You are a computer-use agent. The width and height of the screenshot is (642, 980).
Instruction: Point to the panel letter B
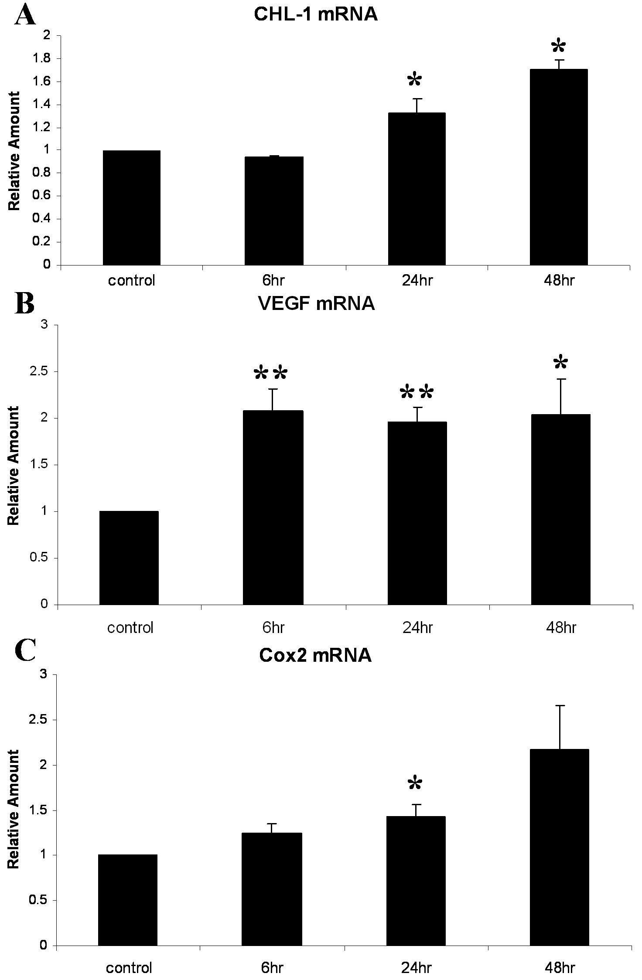[24, 303]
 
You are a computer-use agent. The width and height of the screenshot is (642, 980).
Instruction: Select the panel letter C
[25, 651]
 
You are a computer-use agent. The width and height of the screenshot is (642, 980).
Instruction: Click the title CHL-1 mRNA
[315, 14]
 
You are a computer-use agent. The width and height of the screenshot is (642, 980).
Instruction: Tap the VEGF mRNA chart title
[316, 303]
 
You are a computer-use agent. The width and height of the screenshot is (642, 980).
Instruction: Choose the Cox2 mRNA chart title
[315, 655]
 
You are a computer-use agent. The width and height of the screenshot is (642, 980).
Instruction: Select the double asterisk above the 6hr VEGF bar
[271, 373]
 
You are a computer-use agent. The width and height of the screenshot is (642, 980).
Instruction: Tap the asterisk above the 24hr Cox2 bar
[415, 783]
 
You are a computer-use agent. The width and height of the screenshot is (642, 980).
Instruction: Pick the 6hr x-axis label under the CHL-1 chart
[273, 280]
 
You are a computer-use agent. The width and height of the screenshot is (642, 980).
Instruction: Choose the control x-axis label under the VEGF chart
[130, 628]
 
